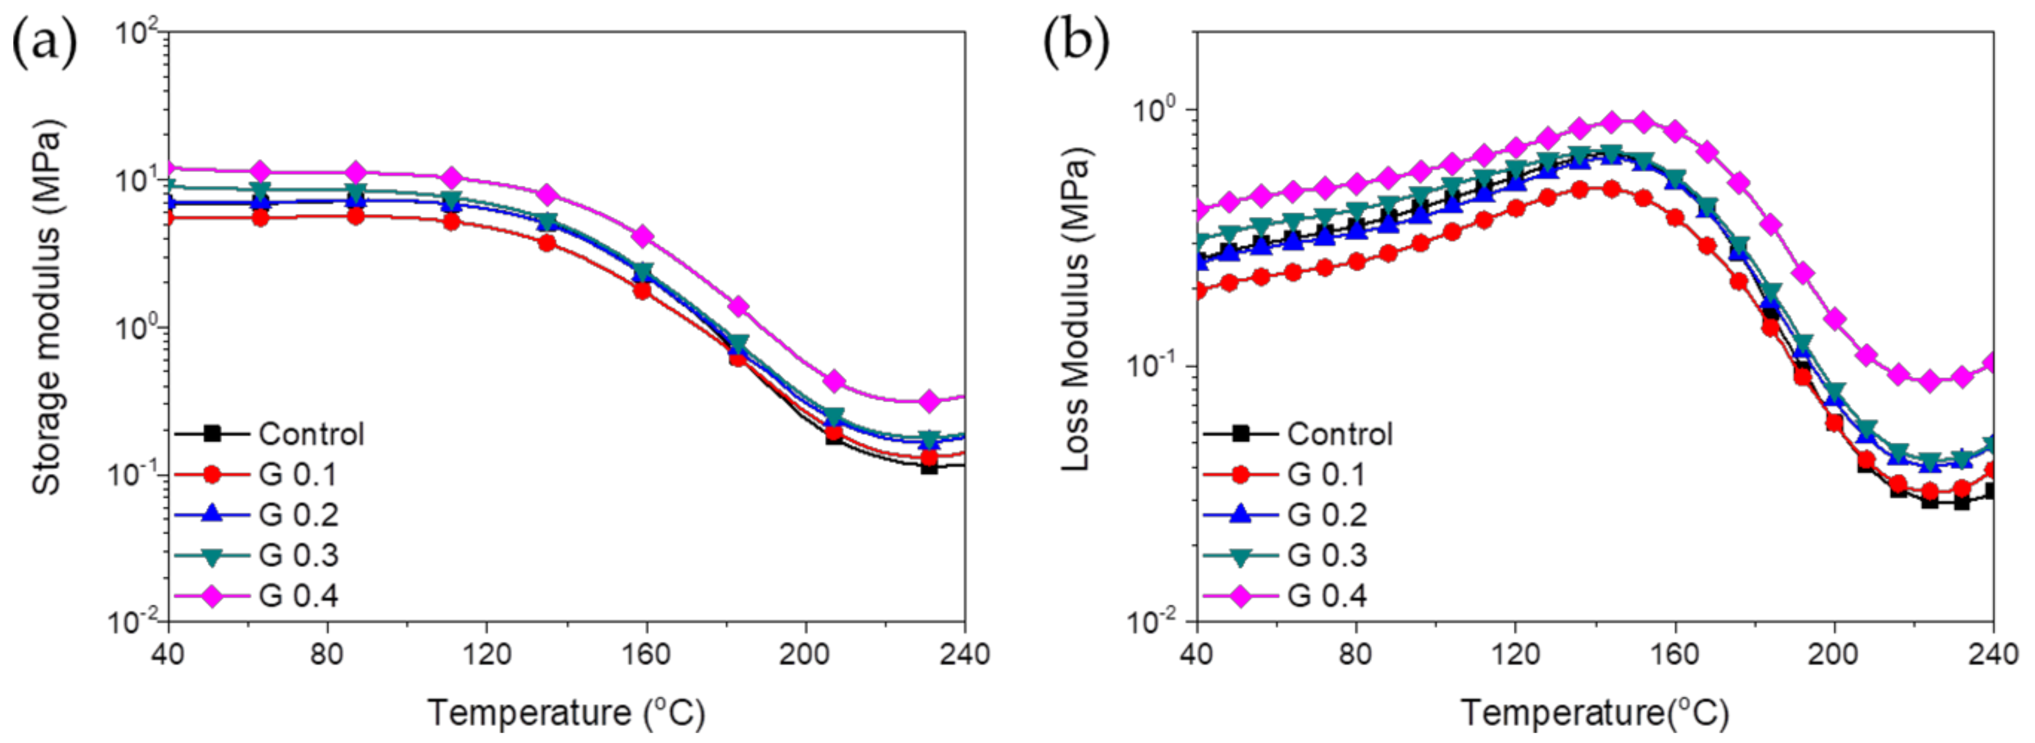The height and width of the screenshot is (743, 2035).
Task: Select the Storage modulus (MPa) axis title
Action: (47, 308)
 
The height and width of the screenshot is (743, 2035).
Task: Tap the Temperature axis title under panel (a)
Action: (565, 713)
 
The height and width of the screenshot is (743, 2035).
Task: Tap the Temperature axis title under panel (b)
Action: (1594, 713)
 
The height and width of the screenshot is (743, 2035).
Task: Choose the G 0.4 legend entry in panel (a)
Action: (299, 595)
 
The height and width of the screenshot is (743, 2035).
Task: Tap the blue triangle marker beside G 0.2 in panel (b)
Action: (1241, 514)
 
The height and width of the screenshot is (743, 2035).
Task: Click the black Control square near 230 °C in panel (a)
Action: (929, 466)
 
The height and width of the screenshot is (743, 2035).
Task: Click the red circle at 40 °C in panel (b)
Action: (1199, 290)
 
